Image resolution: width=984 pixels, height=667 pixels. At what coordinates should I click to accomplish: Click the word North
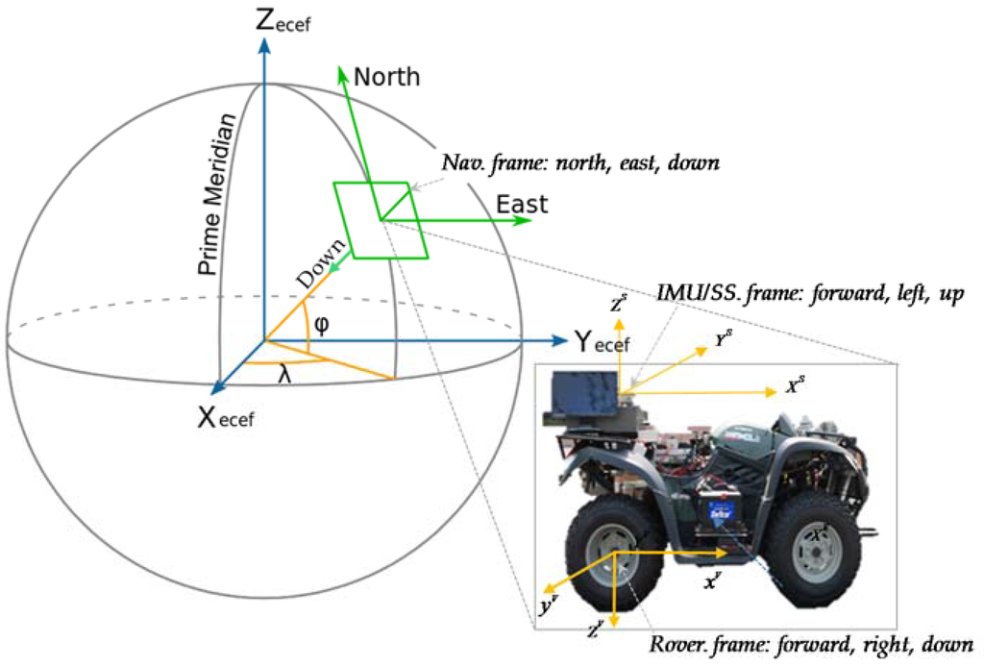point(387,77)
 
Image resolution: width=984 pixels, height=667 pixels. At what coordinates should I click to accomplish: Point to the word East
point(522,204)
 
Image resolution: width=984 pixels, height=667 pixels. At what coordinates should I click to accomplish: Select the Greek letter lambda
point(284,378)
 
